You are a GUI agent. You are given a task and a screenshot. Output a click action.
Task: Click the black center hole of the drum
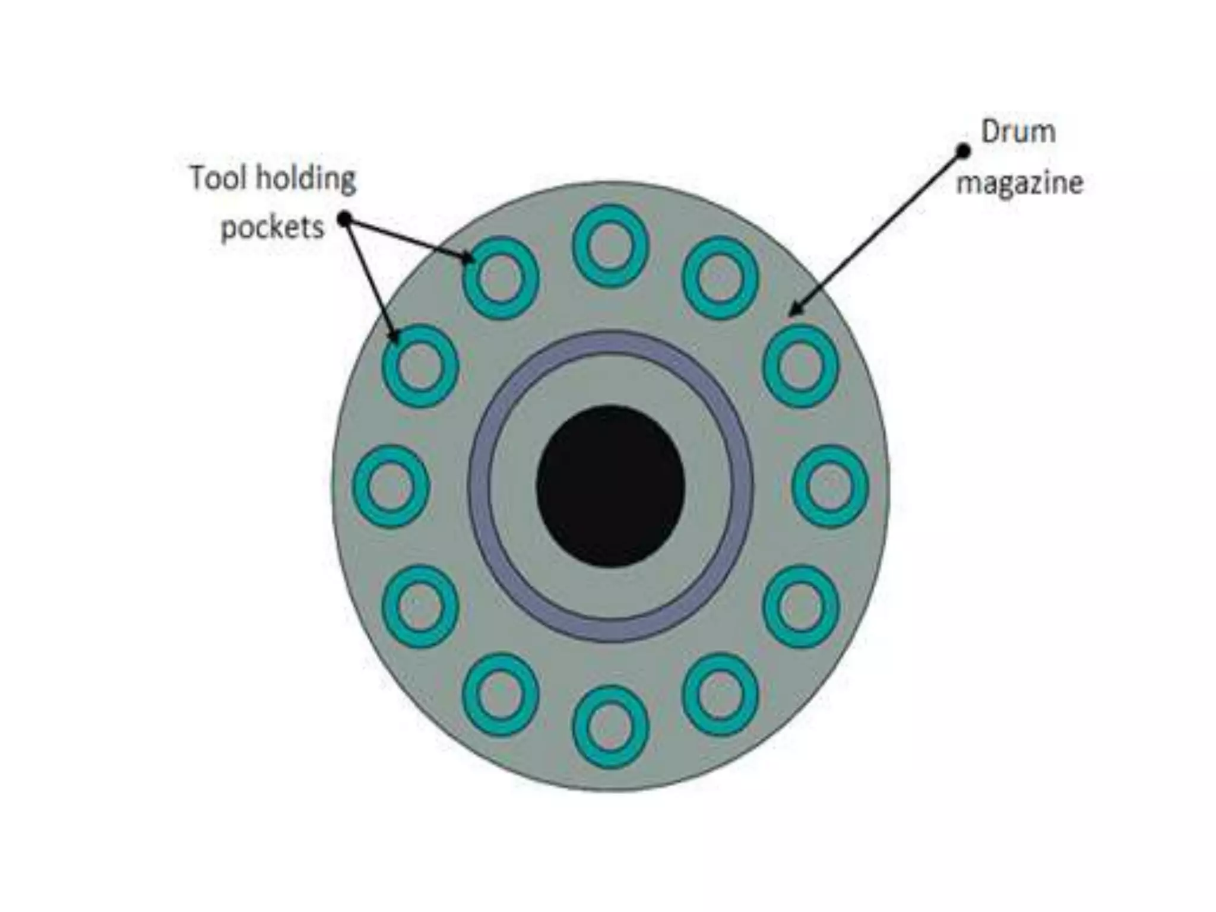610,486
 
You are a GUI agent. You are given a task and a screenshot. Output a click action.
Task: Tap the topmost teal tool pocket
610,246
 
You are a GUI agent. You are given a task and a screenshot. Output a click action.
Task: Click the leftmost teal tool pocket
391,486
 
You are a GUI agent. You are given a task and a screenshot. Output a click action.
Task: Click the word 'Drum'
1018,132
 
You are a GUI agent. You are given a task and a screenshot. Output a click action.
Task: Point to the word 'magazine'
1019,183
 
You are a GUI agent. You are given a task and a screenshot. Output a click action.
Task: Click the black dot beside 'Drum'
963,151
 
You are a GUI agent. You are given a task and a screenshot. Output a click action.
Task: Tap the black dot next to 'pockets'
345,220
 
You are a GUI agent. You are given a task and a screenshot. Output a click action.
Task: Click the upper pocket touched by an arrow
501,277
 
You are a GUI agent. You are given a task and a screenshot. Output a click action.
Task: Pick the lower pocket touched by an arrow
420,366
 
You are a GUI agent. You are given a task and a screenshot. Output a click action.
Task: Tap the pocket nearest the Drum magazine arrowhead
800,366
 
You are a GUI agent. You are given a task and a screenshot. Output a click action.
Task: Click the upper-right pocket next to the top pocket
720,277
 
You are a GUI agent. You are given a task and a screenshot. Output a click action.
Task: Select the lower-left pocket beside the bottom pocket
501,695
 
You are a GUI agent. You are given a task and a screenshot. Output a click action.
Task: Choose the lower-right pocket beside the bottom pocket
720,695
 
